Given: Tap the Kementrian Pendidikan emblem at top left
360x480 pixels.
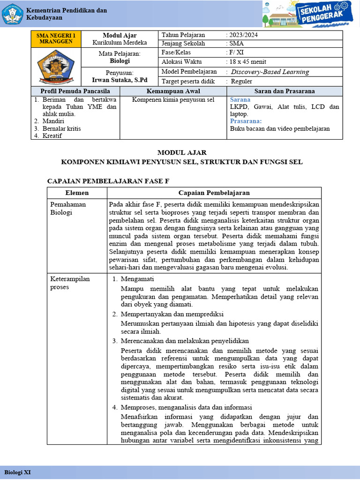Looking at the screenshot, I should click(12, 15).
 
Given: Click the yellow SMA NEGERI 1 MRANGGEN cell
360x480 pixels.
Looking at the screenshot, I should click(56, 38).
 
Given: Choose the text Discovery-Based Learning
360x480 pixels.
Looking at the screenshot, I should click(270, 72).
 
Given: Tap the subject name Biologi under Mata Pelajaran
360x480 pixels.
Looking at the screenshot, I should click(120, 61).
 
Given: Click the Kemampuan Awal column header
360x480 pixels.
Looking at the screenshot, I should click(173, 91).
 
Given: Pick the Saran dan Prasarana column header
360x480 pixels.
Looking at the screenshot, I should click(285, 91).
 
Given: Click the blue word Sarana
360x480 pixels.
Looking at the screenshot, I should click(240, 100).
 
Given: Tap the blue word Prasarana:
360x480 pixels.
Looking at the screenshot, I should click(245, 121).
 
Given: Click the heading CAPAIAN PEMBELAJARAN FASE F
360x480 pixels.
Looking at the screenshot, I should click(108, 180).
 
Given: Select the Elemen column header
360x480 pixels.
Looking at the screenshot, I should click(77, 193).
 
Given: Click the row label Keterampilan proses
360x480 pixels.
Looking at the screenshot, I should click(70, 283).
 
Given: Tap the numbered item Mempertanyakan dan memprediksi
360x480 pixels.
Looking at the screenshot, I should click(172, 314).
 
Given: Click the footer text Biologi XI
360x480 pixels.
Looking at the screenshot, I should click(18, 471).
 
